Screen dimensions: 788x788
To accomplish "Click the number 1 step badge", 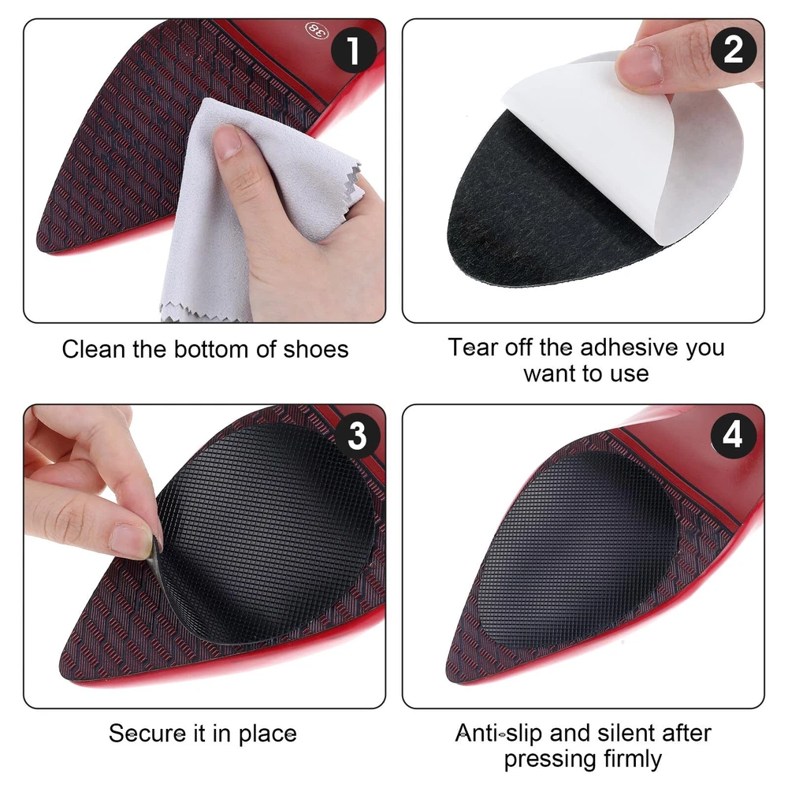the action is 355,50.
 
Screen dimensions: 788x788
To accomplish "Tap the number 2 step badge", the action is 733,50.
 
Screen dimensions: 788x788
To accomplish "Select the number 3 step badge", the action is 357,435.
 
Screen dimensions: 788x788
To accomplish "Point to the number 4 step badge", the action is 733,435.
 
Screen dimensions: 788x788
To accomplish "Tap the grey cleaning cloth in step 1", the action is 241,211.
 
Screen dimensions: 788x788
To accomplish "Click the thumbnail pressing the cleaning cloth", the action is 229,142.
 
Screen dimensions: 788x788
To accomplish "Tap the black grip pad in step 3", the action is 266,533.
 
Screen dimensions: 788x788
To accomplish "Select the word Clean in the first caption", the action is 94,349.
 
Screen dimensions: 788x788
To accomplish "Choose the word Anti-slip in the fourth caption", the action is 499,734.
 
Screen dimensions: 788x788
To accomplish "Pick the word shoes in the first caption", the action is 316,349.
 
